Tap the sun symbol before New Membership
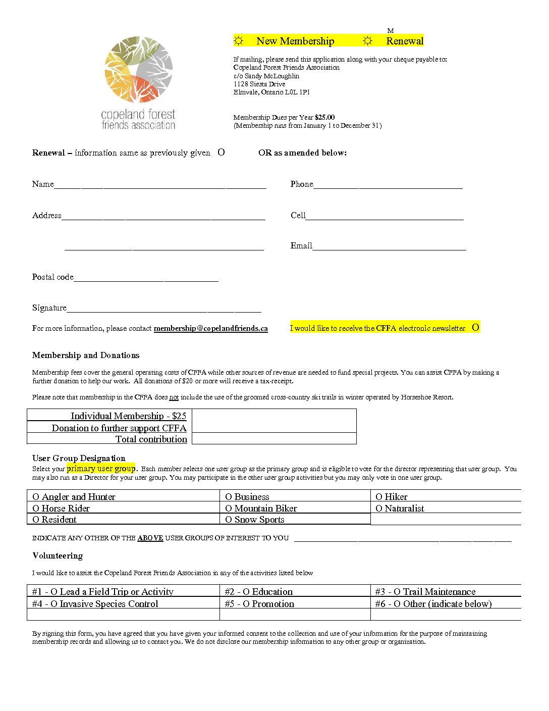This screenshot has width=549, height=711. coord(239,41)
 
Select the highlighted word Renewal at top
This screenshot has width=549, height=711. coord(405,41)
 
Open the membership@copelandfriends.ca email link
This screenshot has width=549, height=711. coord(210,328)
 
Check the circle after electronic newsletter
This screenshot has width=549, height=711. coord(475,327)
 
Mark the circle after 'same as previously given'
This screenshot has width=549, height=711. coord(221,152)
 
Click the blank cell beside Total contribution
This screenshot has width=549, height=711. coord(274,439)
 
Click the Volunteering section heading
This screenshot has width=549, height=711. coord(58,555)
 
